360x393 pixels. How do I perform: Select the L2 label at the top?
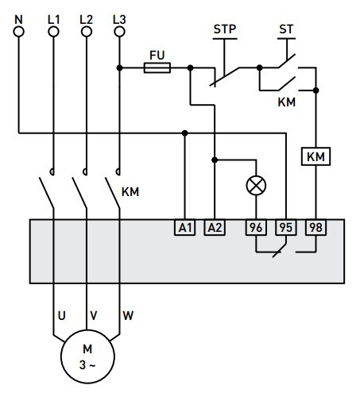pyautogui.click(x=87, y=17)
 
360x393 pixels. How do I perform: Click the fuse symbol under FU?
pyautogui.click(x=157, y=68)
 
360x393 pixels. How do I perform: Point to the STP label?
pyautogui.click(x=225, y=29)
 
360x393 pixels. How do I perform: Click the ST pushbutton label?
pyautogui.click(x=286, y=29)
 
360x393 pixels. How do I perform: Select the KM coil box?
pyautogui.click(x=316, y=157)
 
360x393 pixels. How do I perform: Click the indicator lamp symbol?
pyautogui.click(x=257, y=185)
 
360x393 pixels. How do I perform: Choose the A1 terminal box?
pyautogui.click(x=184, y=228)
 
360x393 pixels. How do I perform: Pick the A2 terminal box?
pyautogui.click(x=215, y=228)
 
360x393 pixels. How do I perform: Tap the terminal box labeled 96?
pyautogui.click(x=256, y=228)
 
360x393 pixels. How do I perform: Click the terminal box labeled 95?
pyautogui.click(x=285, y=228)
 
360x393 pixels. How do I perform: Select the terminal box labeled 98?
pyautogui.click(x=315, y=228)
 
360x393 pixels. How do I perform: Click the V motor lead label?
pyautogui.click(x=94, y=315)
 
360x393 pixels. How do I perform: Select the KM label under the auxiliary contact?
pyautogui.click(x=287, y=103)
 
